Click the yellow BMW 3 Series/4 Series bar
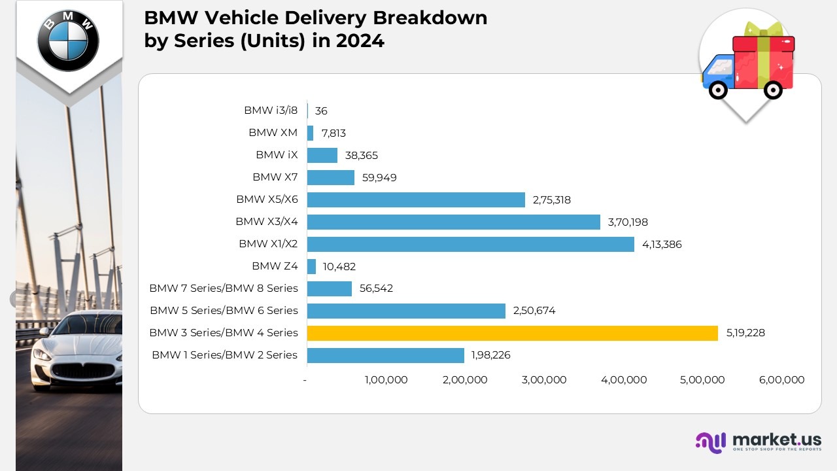point(513,333)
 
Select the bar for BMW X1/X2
point(471,244)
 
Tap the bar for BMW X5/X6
point(416,200)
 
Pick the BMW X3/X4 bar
point(454,222)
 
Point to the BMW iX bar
point(322,155)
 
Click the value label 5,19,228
point(745,333)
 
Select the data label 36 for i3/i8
point(321,111)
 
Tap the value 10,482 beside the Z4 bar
point(339,266)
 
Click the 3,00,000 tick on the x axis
point(544,380)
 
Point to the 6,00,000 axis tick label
point(782,380)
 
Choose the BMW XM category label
point(273,133)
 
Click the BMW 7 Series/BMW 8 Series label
point(224,288)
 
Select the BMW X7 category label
point(275,177)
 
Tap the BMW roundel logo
point(68,41)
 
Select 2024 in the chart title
point(360,41)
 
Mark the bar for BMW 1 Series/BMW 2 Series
point(386,355)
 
